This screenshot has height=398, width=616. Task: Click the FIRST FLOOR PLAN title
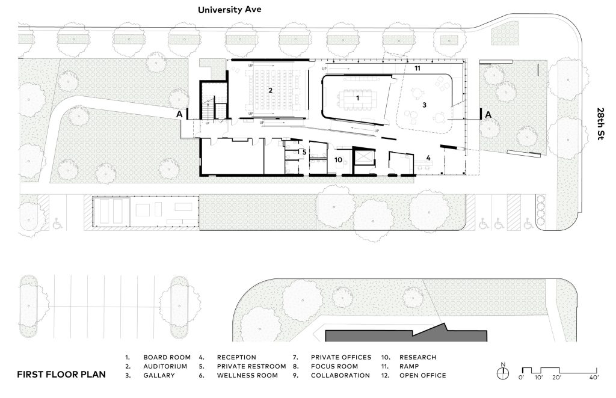(61, 375)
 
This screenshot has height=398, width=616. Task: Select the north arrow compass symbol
(502, 372)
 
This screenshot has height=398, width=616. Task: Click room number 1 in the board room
(357, 97)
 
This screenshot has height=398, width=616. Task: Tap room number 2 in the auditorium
(271, 90)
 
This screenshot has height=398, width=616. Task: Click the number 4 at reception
(428, 158)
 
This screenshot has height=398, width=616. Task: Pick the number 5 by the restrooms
(304, 152)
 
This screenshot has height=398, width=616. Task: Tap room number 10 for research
(338, 159)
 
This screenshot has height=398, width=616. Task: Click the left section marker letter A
(178, 114)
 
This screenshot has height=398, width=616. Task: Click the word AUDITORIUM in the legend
(165, 366)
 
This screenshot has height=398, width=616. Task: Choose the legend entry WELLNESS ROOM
(247, 375)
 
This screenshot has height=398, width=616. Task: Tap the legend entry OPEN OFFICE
(422, 375)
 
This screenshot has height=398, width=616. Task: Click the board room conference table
(358, 97)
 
